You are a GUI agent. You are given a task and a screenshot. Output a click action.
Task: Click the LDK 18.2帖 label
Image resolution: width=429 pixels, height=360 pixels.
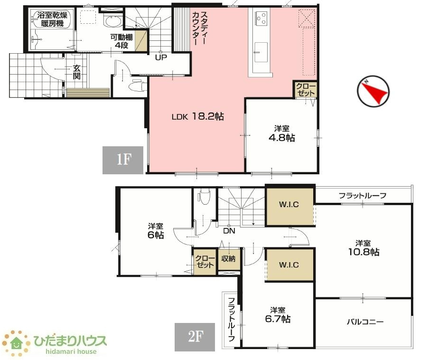(x=197, y=117)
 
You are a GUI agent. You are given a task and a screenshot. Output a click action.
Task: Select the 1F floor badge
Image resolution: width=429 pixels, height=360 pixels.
(x=123, y=160)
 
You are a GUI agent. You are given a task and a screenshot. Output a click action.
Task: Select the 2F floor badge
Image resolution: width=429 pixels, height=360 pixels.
(x=195, y=337)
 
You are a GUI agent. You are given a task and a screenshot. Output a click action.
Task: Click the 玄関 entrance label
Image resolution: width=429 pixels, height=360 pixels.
(x=77, y=72)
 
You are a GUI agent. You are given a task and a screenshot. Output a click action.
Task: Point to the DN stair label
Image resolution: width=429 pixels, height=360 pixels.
(x=229, y=231)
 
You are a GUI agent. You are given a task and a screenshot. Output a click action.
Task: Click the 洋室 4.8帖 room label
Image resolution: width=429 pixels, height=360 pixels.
(x=281, y=133)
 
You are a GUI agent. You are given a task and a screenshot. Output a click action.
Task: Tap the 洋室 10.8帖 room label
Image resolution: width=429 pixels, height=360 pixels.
(x=364, y=248)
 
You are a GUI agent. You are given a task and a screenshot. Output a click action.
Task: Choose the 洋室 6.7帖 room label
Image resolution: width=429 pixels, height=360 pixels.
(x=278, y=315)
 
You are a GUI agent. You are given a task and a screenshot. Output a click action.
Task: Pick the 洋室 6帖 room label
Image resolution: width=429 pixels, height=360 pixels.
(x=156, y=231)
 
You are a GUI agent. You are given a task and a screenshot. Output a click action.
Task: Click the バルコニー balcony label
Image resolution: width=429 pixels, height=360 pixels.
(x=365, y=322)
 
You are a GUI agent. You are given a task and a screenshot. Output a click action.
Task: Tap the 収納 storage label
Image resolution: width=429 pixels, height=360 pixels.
(x=228, y=258)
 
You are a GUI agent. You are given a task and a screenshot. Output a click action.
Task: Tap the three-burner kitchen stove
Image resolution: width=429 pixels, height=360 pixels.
(x=261, y=19)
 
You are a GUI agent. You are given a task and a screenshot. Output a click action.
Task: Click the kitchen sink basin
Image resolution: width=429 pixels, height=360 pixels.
(x=261, y=52)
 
